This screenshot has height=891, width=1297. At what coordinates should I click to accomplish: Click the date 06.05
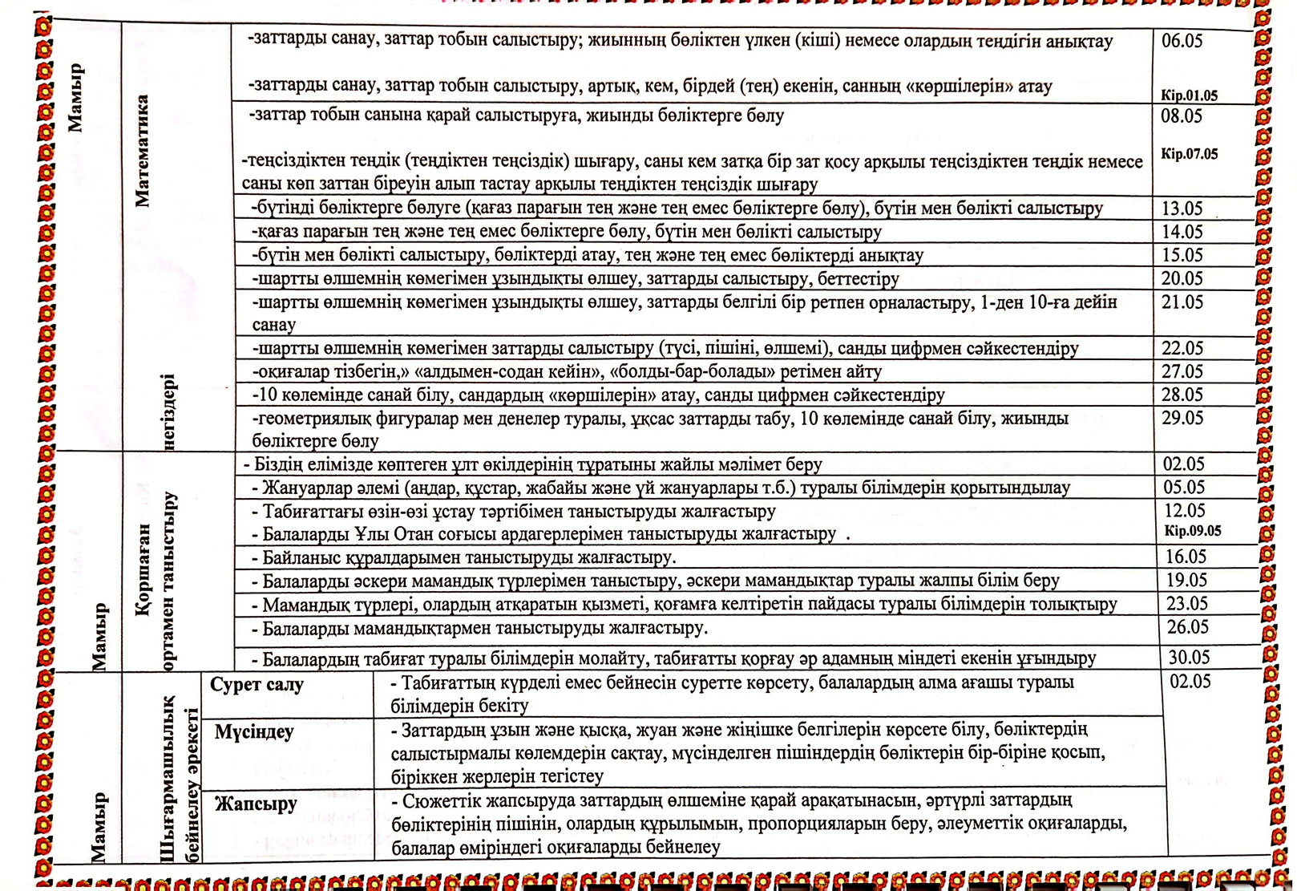click(1182, 41)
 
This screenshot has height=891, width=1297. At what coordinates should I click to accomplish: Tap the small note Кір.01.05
click(1189, 95)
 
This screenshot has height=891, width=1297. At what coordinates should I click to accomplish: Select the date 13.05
click(1182, 209)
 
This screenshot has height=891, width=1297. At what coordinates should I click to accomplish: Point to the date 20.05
click(1182, 278)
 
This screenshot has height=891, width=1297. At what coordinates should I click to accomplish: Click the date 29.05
click(1182, 418)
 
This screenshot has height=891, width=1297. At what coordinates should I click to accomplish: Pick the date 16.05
click(1186, 557)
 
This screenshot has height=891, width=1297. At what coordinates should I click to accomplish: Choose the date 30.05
click(1189, 658)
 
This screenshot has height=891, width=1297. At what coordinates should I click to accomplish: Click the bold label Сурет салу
click(257, 685)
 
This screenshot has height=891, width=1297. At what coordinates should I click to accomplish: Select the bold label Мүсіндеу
click(254, 731)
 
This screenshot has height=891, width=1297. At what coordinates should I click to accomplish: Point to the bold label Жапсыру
click(256, 804)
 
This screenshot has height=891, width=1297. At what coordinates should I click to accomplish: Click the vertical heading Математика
click(143, 151)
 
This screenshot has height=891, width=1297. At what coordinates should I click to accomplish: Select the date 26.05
click(1187, 627)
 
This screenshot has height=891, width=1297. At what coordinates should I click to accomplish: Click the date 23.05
click(1186, 603)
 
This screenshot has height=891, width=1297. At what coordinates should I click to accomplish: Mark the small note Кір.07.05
click(1189, 154)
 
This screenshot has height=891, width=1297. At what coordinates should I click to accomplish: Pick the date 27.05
click(1182, 371)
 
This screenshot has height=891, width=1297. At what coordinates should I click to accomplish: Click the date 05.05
click(1184, 488)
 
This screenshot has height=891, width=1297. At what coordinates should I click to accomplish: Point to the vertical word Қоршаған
click(143, 569)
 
